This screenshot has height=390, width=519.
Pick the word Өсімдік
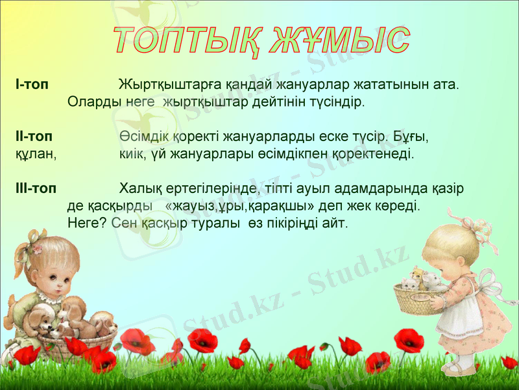(145, 138)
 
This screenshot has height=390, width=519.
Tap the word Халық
(139, 189)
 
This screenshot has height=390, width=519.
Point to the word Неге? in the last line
(88, 223)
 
